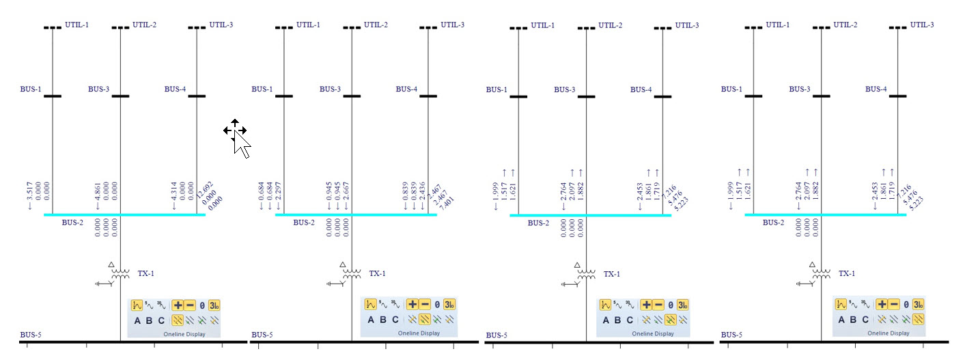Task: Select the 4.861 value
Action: pyautogui.click(x=98, y=196)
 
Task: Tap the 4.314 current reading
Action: pyautogui.click(x=175, y=196)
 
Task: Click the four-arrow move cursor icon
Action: pyautogui.click(x=234, y=130)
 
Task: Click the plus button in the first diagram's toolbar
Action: pyautogui.click(x=178, y=305)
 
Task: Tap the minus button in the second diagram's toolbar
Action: pyautogui.click(x=425, y=305)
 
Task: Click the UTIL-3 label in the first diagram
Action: pyautogui.click(x=221, y=25)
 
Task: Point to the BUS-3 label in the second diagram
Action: pyautogui.click(x=330, y=89)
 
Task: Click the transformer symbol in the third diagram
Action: pyautogui.click(x=587, y=273)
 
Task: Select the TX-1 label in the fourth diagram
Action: pyautogui.click(x=846, y=273)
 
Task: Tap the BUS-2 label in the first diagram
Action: pyautogui.click(x=72, y=223)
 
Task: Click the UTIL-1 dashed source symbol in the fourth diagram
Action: pyautogui.click(x=753, y=27)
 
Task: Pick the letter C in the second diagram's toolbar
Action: pyautogui.click(x=395, y=320)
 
